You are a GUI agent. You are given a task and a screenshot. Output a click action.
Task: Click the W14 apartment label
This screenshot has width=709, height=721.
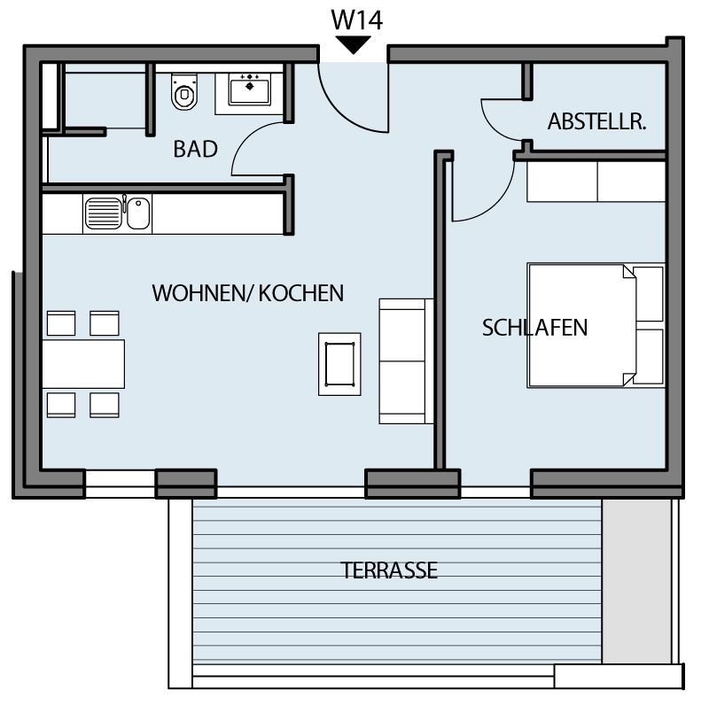[356, 20]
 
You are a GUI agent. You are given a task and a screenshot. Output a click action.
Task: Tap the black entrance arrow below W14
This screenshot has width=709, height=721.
[353, 44]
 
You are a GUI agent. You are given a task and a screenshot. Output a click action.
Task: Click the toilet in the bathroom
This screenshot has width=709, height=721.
[184, 92]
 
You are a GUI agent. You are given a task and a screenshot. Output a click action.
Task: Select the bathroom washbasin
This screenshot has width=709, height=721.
[249, 89]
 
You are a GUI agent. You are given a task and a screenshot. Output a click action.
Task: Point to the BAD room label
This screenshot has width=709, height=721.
[196, 149]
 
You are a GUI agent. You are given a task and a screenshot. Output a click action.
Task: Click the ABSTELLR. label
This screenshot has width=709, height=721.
[596, 121]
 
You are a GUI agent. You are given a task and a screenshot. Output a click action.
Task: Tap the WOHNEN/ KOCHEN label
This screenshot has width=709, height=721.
[247, 293]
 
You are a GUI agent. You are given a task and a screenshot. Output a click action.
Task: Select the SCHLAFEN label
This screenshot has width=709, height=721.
[534, 328]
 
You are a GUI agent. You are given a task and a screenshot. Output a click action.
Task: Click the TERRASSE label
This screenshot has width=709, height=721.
[389, 570]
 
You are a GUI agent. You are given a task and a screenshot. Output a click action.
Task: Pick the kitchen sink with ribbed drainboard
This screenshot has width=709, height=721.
[117, 213]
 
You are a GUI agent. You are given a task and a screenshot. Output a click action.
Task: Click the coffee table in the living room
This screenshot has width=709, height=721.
[339, 364]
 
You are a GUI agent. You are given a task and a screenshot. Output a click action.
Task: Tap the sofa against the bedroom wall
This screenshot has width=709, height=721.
[406, 361]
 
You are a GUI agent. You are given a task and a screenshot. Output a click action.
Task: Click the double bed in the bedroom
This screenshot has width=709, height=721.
[596, 325]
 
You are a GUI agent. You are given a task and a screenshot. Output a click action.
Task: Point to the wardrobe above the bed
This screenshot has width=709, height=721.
[596, 182]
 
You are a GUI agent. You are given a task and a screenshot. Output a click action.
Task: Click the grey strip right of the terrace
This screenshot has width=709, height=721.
[635, 581]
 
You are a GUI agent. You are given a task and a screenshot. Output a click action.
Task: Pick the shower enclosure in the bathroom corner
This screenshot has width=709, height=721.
[105, 97]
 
